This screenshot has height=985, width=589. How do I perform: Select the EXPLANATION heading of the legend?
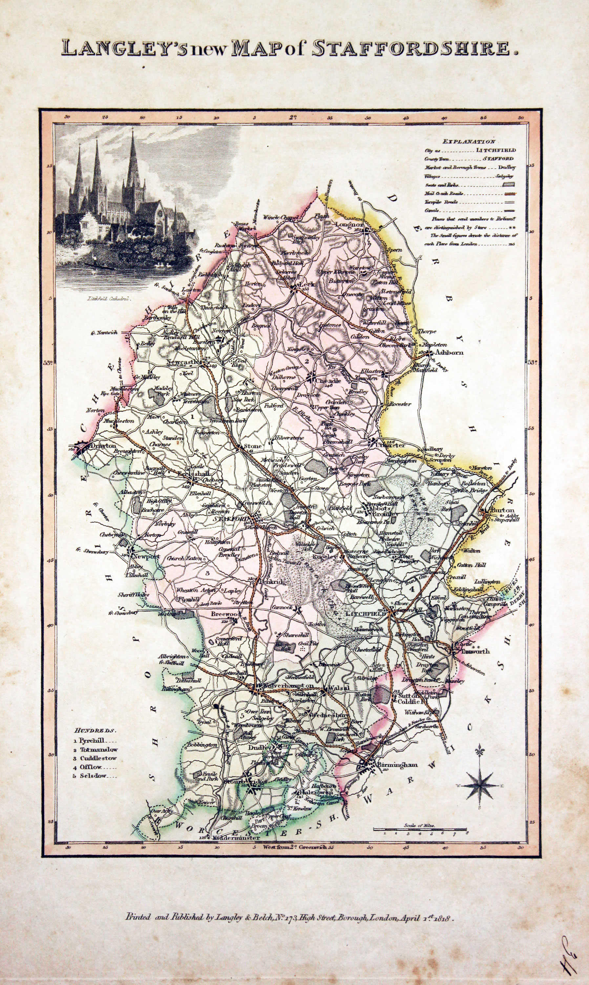(x=469, y=141)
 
